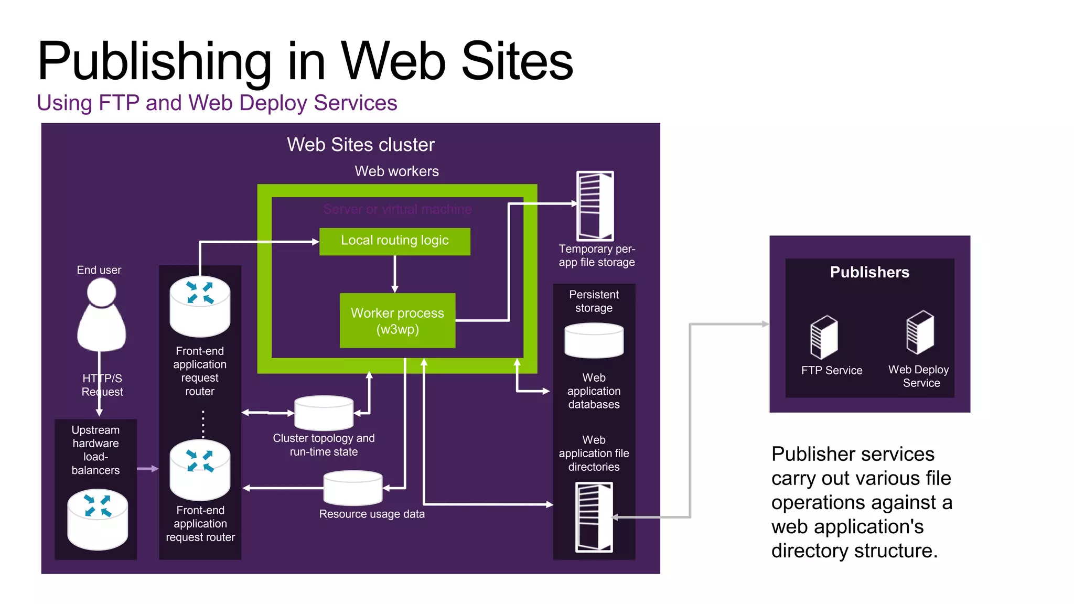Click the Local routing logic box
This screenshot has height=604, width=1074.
394,241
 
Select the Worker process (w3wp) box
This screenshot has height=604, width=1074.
397,320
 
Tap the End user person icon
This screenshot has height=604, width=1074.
101,315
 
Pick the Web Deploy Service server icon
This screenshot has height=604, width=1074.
920,332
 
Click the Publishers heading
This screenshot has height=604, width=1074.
869,272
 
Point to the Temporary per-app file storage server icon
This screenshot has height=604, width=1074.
595,206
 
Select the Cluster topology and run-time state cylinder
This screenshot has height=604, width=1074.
324,413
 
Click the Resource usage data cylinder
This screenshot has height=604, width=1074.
353,488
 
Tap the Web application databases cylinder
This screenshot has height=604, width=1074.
594,341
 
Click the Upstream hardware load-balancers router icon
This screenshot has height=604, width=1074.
98,519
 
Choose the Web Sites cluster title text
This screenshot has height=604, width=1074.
361,145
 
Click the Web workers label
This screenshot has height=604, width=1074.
396,171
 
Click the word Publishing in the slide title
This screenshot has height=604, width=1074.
155,62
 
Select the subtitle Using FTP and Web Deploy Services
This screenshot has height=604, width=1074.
217,103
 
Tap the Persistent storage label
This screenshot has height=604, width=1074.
594,301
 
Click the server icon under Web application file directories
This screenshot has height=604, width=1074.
594,517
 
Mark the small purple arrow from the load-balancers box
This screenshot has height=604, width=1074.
147,469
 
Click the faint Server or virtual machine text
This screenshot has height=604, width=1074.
398,209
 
